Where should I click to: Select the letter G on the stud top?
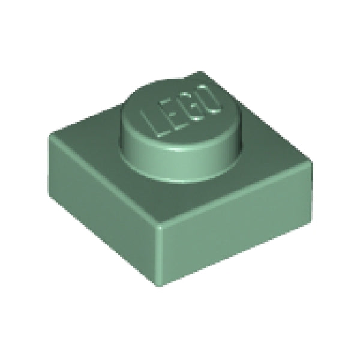[188, 102]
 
